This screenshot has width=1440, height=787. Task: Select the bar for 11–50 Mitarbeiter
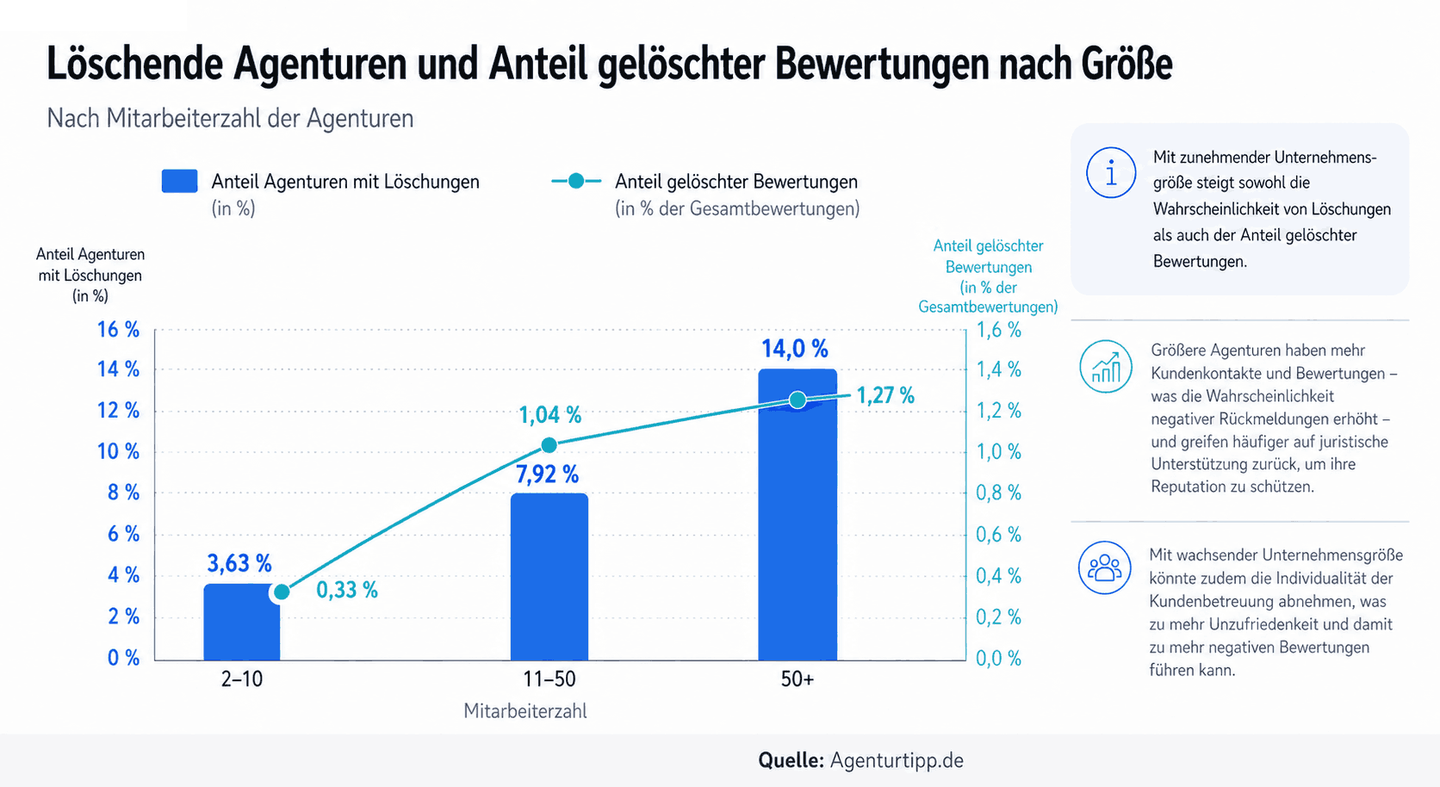[549, 577]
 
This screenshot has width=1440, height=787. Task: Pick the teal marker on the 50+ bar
[798, 400]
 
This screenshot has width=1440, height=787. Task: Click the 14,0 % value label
[794, 349]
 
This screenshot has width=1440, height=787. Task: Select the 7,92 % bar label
[547, 474]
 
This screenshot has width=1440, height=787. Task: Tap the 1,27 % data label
[884, 396]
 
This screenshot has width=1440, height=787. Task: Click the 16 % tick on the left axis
[118, 330]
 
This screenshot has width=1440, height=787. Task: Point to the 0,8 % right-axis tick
[998, 493]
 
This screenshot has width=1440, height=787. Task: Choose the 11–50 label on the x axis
[549, 679]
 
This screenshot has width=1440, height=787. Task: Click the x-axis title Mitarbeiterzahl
[525, 711]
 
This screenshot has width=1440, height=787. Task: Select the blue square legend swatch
[179, 181]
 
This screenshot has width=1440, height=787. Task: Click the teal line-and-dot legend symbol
[575, 181]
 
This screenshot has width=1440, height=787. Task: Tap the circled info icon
[1111, 172]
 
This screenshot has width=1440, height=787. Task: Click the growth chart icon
[1106, 366]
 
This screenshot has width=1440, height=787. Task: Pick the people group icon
[1104, 567]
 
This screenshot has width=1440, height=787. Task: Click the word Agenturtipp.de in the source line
[897, 760]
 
